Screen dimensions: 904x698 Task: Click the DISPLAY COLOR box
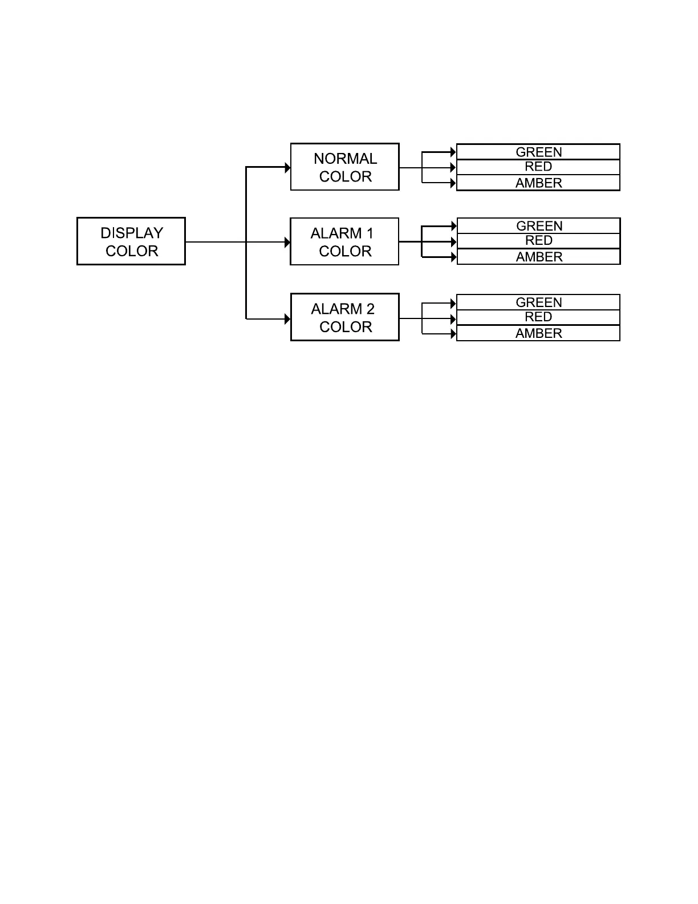(x=131, y=241)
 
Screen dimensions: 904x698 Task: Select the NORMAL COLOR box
(x=345, y=167)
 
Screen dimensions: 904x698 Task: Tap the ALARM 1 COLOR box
(x=344, y=242)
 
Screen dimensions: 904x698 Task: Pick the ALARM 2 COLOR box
(x=345, y=317)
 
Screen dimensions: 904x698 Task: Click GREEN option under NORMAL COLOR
(x=538, y=152)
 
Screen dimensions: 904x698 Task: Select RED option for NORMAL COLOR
(x=538, y=167)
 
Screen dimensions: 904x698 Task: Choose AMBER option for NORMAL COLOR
(x=538, y=183)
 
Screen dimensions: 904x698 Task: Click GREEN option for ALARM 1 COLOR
(x=538, y=226)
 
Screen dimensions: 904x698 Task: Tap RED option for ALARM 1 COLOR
(x=538, y=241)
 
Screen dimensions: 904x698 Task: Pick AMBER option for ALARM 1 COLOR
(x=538, y=257)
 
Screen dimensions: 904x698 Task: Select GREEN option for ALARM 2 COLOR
(x=538, y=302)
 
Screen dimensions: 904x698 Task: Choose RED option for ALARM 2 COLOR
(x=538, y=317)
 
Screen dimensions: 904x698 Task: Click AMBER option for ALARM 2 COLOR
(x=538, y=333)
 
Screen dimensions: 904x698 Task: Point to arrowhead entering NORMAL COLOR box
(x=287, y=168)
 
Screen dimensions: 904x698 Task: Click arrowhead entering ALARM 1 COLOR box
(x=287, y=243)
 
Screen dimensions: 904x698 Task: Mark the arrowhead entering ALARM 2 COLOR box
(x=287, y=319)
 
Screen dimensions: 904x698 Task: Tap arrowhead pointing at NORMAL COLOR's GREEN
(x=453, y=152)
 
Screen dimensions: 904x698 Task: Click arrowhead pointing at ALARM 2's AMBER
(x=453, y=334)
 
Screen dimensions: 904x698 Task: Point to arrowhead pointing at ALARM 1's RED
(x=453, y=242)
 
